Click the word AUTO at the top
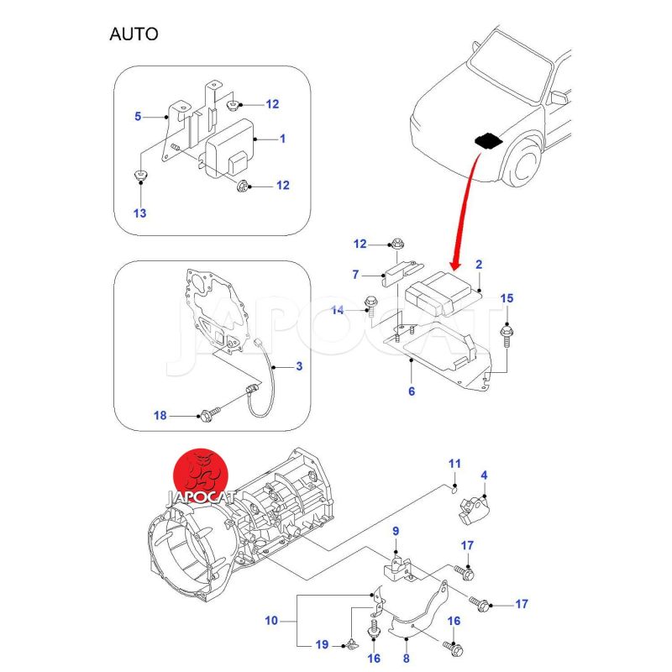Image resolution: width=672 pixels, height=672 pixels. pos(134,34)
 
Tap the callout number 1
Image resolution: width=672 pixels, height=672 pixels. pos(282,139)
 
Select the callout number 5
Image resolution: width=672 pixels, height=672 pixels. pos(138,117)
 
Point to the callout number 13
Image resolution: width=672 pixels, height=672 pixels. pos(139,213)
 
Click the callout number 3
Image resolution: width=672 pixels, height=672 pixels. pos(299,367)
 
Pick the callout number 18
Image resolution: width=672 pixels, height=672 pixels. pos(160,415)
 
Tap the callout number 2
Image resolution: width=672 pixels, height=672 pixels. pos(478,265)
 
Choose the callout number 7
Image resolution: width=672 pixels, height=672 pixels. pos(355,275)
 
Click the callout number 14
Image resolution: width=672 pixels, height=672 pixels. pos(338,311)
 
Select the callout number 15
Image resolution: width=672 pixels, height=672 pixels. pos(507,299)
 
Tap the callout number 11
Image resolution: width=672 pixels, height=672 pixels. pos(454,464)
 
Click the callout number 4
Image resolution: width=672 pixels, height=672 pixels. pos(484,476)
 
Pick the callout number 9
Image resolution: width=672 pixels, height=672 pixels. pos(396,531)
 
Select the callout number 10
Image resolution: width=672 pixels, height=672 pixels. pos(270,622)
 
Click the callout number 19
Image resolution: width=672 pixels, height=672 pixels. pos(322,645)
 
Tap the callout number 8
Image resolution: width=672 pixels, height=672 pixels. pos(407,659)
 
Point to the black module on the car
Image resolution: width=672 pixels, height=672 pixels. pos(488,141)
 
